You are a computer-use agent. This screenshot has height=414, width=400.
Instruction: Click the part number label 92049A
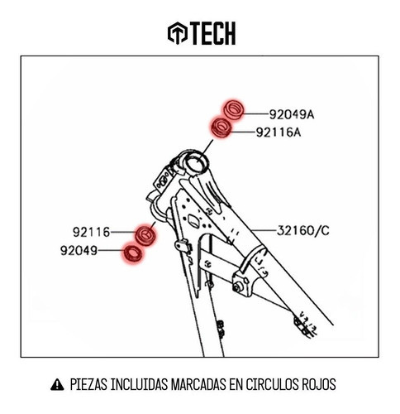coord(292,114)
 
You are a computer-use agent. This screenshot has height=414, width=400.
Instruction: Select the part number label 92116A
coord(279,132)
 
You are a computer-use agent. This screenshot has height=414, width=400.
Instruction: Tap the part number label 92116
coord(91,232)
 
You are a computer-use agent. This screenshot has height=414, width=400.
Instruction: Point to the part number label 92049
coord(79,251)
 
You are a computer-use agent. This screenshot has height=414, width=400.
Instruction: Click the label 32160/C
coord(303,230)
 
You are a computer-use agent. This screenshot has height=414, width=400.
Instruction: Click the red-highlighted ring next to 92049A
coord(233,110)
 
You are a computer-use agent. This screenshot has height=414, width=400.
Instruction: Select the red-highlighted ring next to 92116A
coord(221,128)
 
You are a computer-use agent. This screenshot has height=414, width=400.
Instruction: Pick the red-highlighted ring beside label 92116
coord(145,235)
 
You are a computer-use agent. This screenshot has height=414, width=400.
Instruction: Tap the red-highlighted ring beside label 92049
coord(133,253)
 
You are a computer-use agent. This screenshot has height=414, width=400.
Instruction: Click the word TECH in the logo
coord(213,33)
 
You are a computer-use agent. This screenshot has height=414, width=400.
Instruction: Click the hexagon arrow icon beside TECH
coord(178,32)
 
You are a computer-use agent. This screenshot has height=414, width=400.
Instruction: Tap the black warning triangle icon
coord(57,384)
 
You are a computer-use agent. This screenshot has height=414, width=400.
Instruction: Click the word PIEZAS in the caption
coord(88,384)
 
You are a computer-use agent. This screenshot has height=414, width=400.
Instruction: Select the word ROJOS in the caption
coord(319,384)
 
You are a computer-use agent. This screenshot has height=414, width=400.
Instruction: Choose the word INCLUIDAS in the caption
coord(139,384)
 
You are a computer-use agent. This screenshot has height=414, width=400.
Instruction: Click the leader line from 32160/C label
coord(264,230)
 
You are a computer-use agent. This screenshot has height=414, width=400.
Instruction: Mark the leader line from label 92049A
coord(255,113)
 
